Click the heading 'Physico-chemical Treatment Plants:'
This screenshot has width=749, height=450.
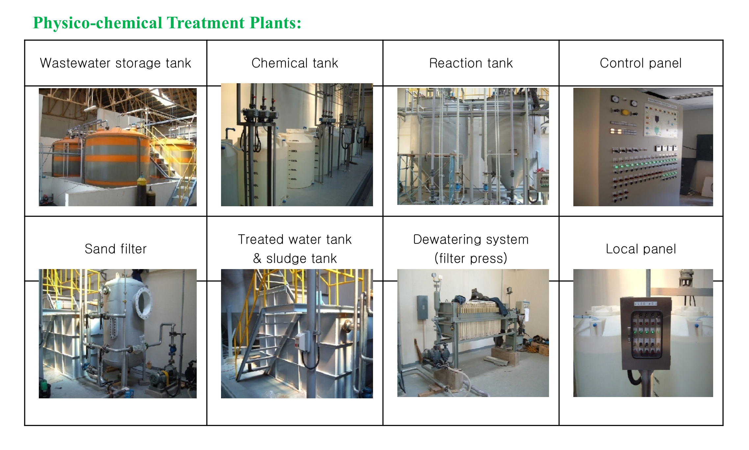click(x=167, y=23)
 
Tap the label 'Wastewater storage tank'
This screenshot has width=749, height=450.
click(x=115, y=63)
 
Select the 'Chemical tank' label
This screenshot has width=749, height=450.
click(x=295, y=63)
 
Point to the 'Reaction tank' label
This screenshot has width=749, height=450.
click(x=471, y=63)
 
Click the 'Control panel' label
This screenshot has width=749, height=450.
click(x=641, y=63)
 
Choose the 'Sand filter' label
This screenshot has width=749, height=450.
click(x=115, y=249)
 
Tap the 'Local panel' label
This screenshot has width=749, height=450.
click(x=641, y=249)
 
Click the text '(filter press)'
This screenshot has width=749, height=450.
click(x=471, y=258)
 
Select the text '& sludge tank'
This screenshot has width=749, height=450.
click(x=295, y=258)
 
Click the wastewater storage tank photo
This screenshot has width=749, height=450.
click(x=118, y=147)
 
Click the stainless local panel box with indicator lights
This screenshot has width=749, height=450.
click(x=645, y=333)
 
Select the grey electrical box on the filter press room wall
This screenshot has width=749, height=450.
click(x=422, y=307)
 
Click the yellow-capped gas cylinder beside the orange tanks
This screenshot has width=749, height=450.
click(x=141, y=190)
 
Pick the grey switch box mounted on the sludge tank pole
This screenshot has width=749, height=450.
click(x=302, y=342)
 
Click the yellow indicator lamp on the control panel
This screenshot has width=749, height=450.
click(x=625, y=112)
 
